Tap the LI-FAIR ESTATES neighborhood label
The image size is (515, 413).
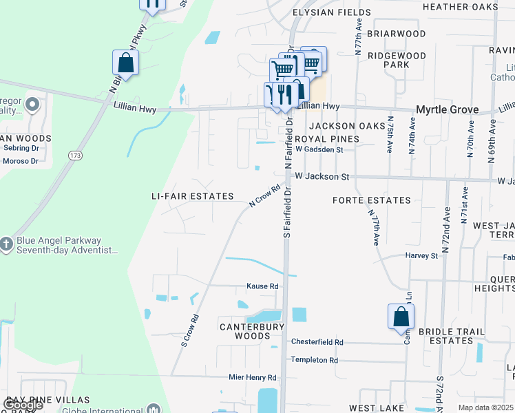point(193,196)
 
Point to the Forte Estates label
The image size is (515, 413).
point(371,200)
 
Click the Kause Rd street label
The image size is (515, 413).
point(263,286)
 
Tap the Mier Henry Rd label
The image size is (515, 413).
point(253,377)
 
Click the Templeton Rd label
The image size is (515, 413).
point(314,359)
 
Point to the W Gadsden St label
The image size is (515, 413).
point(319,149)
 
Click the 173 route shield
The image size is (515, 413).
point(75,156)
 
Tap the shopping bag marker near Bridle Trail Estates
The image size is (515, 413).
point(401,318)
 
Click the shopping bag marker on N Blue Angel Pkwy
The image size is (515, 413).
point(126,63)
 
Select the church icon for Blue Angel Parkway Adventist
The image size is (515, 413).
point(6,245)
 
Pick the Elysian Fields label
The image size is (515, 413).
point(332,12)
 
